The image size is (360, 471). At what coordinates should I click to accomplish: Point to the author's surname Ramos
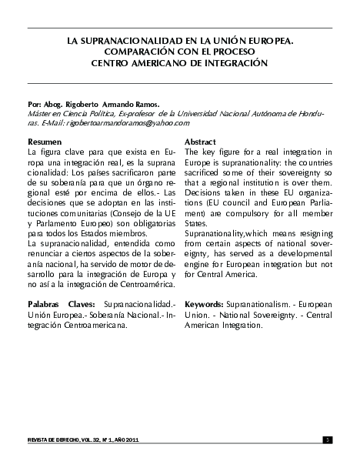tap(143, 103)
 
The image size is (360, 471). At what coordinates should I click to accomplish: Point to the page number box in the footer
tap(328, 439)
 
